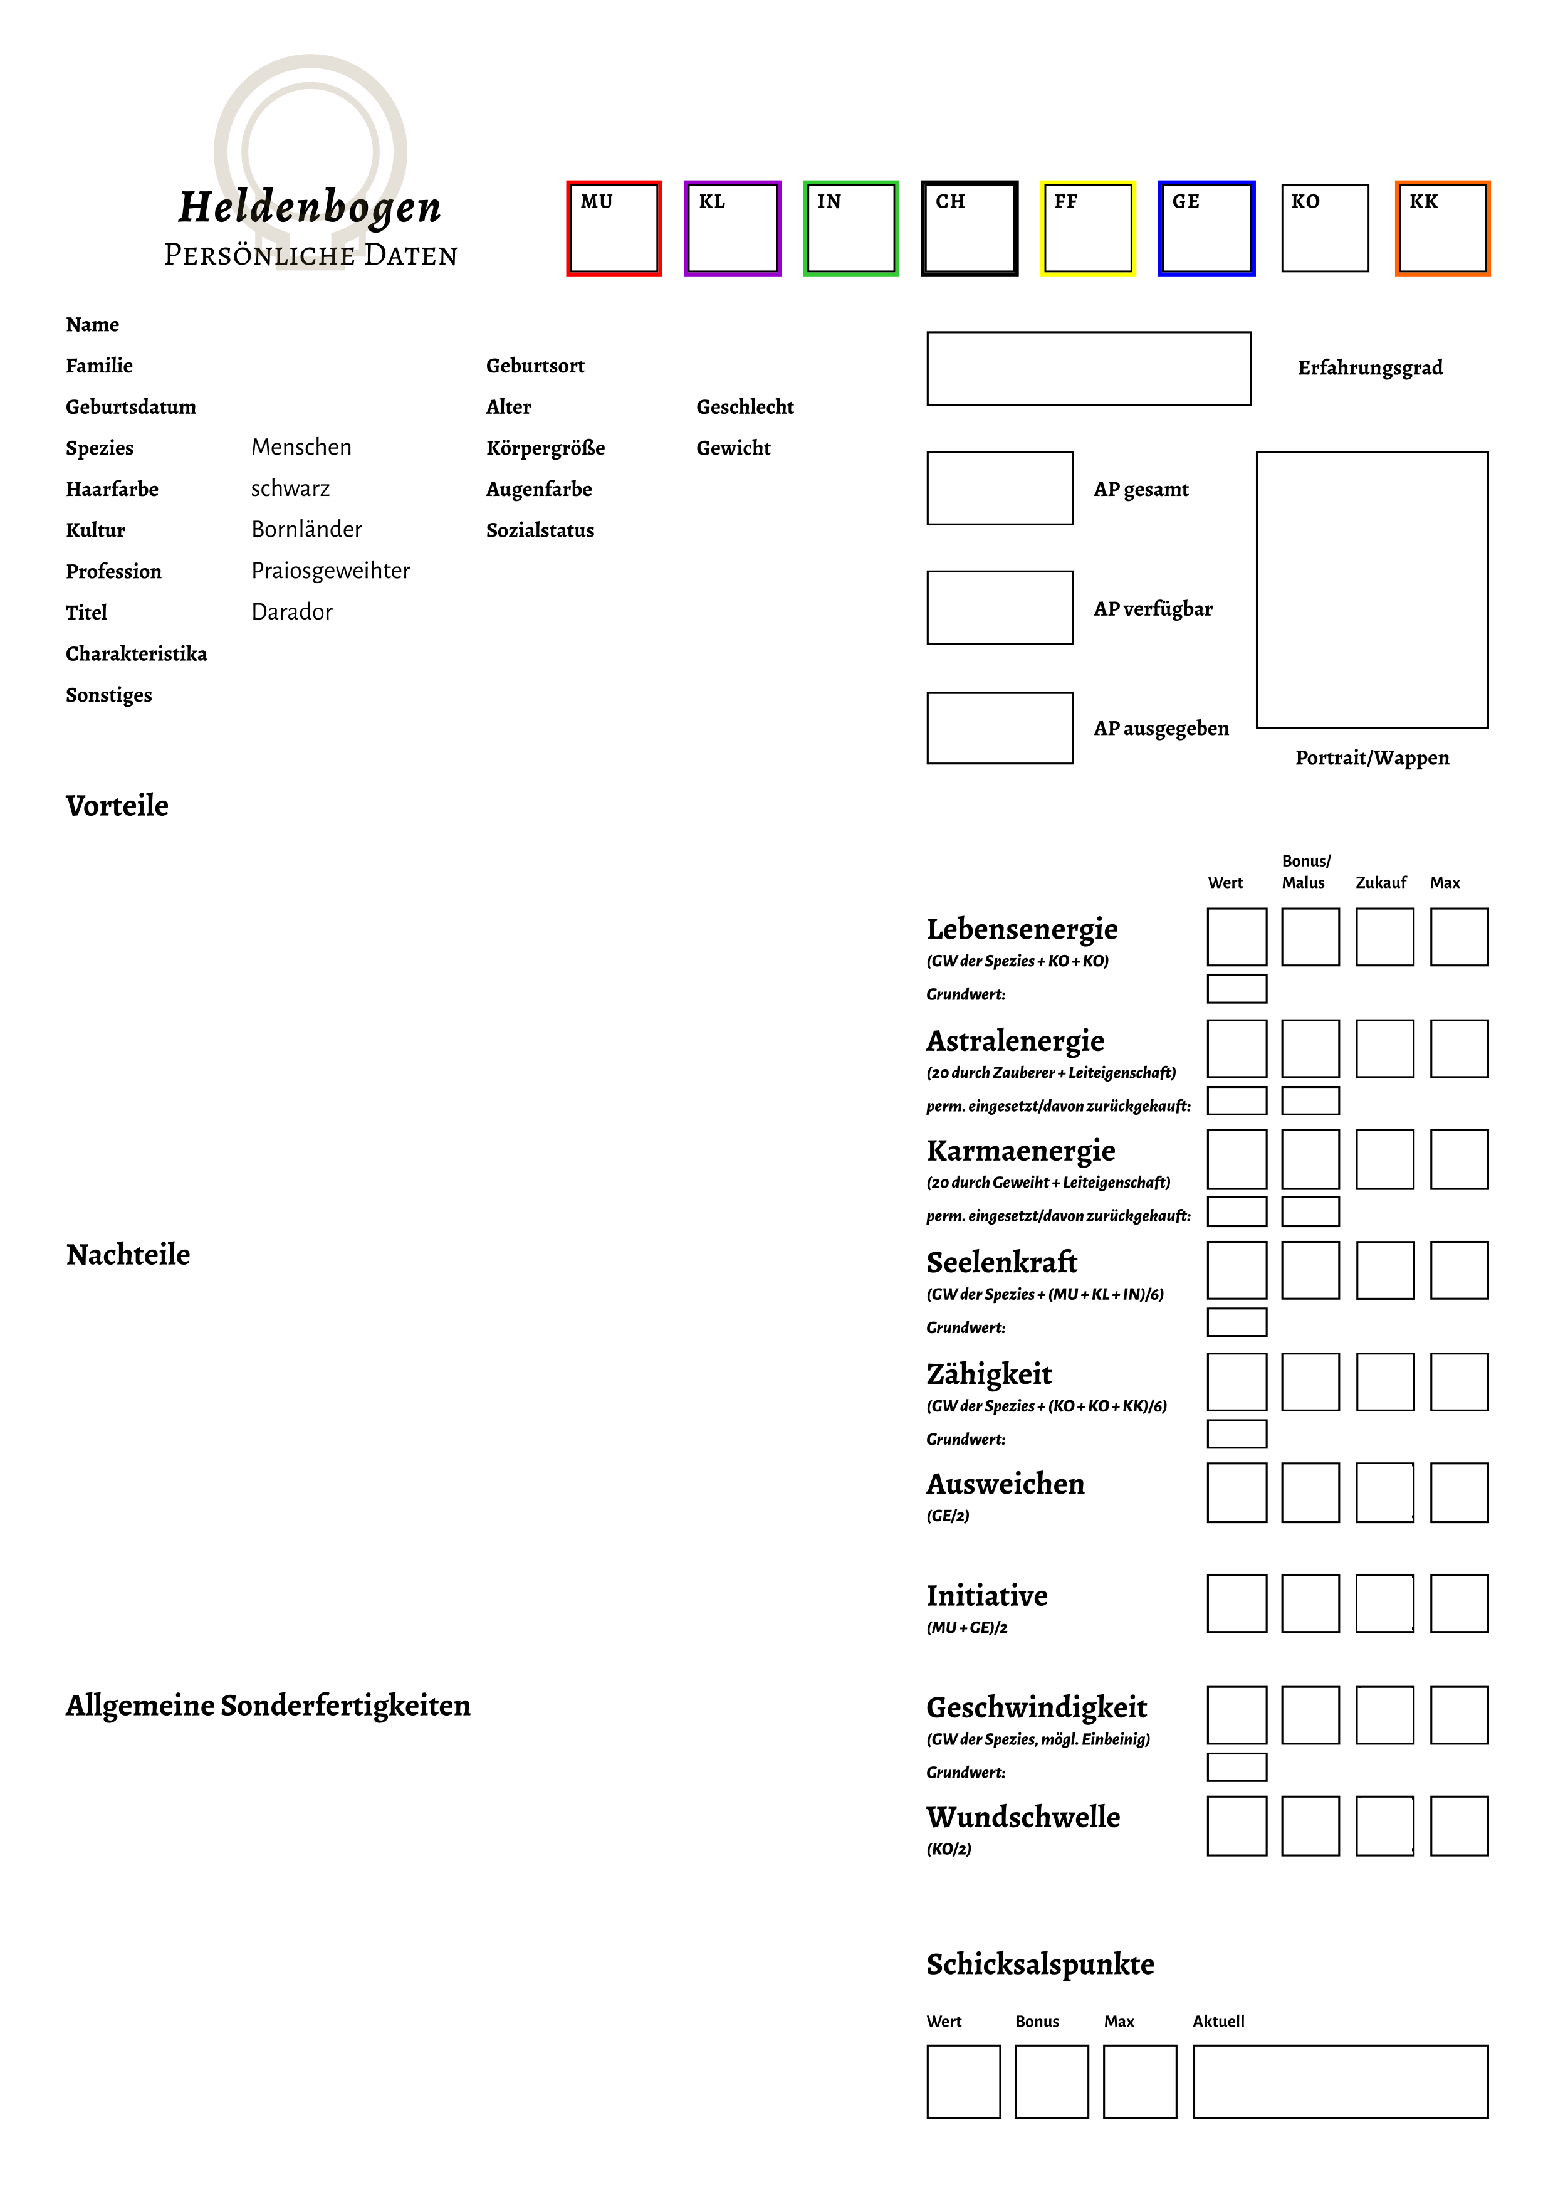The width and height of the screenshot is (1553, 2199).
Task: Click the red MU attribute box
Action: [614, 229]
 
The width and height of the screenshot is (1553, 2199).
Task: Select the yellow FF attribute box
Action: [1088, 229]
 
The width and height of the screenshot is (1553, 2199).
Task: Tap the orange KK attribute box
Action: [1442, 229]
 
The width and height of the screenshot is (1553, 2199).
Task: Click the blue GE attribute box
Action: [1206, 229]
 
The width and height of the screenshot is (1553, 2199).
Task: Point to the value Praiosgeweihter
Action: [330, 571]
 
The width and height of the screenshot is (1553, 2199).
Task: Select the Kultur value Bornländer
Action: [306, 530]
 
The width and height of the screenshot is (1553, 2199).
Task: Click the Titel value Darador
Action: [292, 612]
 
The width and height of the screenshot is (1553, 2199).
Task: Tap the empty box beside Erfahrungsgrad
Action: [1089, 369]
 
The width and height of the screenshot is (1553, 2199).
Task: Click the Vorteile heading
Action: [117, 806]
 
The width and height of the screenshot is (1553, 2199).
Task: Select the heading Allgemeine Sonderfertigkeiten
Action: [268, 1706]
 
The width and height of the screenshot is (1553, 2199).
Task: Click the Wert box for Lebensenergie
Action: [1236, 937]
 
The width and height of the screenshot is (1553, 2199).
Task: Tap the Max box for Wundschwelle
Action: [1459, 1825]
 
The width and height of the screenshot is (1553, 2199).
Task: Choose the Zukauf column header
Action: [1381, 883]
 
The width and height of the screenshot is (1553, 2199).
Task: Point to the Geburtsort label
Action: [535, 366]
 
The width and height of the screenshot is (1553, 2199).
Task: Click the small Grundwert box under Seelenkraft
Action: [1236, 1322]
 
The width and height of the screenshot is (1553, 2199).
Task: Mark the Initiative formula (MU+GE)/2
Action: [967, 1627]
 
